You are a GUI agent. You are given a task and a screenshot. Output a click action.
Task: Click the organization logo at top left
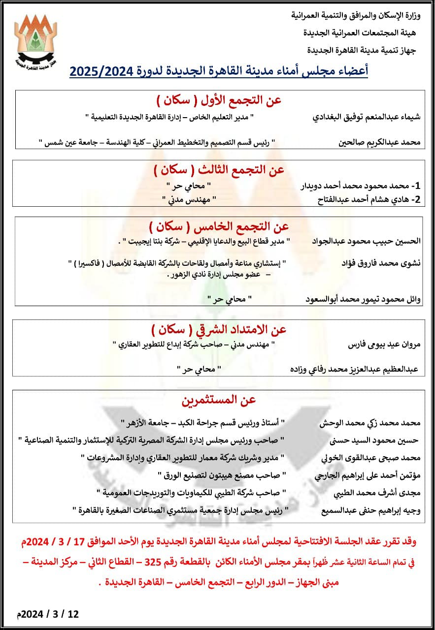point(36,42)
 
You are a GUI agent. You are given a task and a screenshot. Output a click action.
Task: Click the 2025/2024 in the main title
point(100,71)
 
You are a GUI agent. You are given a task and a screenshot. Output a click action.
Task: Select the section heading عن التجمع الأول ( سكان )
point(219,100)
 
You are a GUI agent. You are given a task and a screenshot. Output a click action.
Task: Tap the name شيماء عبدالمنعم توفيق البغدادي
point(367,117)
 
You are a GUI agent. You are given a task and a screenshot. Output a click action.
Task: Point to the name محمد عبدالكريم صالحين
point(380,142)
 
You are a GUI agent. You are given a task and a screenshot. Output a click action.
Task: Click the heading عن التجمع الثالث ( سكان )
point(219,170)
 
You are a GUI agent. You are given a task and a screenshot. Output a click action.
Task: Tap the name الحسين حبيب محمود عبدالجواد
point(367,241)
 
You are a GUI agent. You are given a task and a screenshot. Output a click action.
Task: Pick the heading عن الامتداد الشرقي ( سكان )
point(219,329)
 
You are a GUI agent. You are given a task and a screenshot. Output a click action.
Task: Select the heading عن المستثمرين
point(219,400)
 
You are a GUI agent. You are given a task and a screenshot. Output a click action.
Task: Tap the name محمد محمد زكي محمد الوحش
point(370,423)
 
